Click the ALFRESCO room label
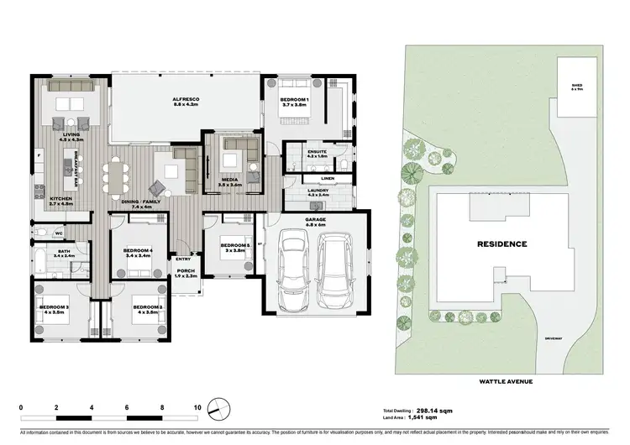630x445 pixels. [x=185, y=101]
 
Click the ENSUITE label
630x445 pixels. [x=317, y=154]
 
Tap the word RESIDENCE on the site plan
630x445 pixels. [x=502, y=244]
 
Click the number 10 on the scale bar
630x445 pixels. [x=197, y=406]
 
